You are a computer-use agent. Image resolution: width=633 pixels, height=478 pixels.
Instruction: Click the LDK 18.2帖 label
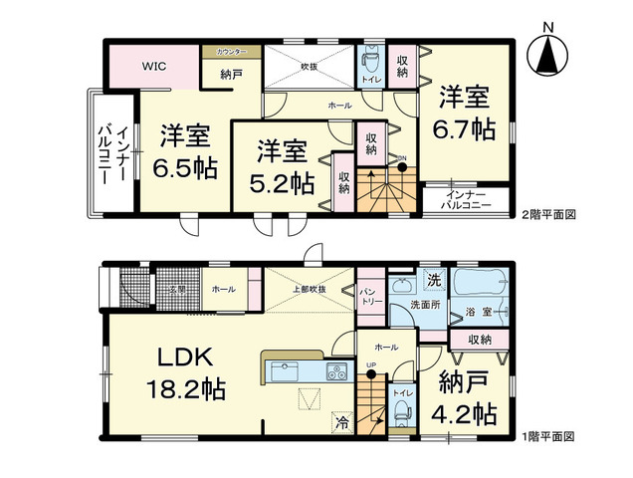186,372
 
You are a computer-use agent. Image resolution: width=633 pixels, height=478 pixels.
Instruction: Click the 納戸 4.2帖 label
466,397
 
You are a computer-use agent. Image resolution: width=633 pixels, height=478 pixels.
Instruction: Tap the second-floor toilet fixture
368,62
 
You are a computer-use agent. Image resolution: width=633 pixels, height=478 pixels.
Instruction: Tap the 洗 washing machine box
434,280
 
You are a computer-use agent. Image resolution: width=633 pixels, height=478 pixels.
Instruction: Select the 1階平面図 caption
549,436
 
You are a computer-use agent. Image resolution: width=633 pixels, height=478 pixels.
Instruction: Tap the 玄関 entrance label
177,290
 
